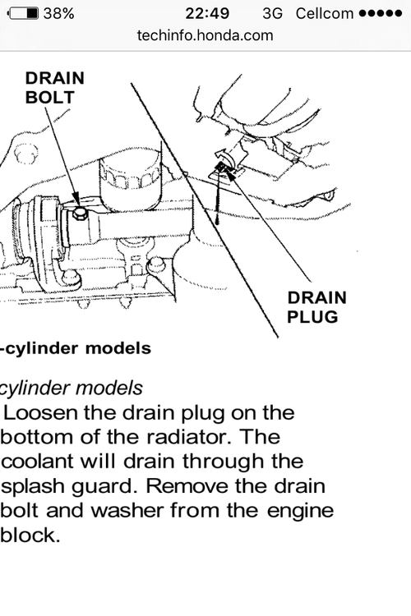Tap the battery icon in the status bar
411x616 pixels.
pos(24,13)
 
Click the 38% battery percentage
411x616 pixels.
pos(58,14)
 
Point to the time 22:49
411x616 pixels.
pos(207,14)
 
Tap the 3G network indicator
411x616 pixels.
pos(273,14)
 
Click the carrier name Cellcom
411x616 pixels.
pos(325,14)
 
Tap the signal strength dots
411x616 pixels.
pos(381,14)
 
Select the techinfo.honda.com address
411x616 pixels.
pos(205,36)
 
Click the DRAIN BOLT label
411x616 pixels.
pos(55,88)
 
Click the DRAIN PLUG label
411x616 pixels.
pos(316,307)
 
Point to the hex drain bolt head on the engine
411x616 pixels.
pos(80,214)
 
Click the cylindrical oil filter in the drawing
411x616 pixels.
pos(130,180)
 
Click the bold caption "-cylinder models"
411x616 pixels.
pos(76,348)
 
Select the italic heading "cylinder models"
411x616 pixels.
pos(72,388)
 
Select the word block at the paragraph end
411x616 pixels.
pos(30,535)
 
